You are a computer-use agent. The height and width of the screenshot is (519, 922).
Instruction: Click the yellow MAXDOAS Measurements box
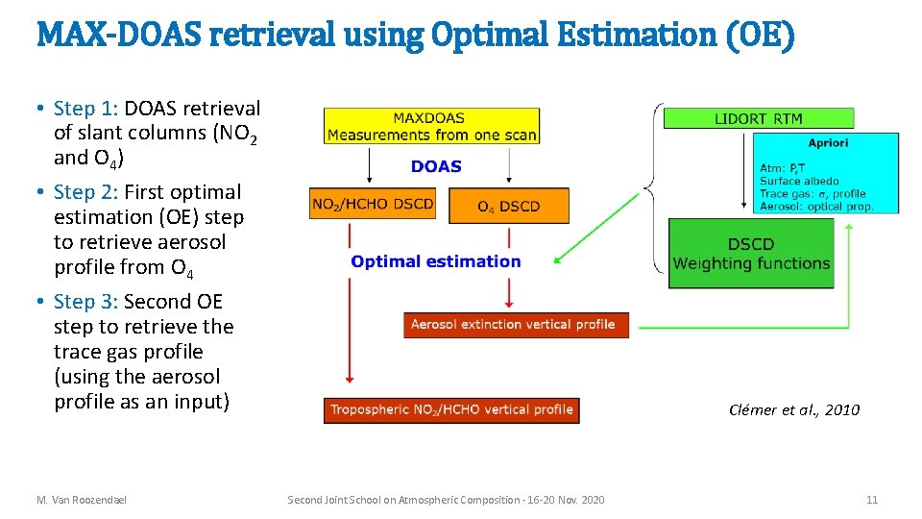[431, 126]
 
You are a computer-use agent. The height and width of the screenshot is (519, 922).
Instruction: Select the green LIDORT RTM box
[759, 118]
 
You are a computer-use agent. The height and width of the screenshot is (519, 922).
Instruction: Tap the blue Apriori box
[827, 172]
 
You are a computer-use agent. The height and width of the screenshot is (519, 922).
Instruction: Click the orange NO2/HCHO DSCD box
[373, 204]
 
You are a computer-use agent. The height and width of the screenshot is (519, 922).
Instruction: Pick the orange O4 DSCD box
[508, 206]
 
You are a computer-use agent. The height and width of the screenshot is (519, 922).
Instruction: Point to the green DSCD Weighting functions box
[751, 254]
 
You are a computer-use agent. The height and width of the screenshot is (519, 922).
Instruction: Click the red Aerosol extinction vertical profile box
[516, 325]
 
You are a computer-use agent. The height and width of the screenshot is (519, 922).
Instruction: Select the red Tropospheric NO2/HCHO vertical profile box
[451, 409]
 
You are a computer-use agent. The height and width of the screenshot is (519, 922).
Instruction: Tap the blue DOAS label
[436, 166]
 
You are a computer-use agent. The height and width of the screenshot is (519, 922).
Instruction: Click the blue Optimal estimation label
[436, 261]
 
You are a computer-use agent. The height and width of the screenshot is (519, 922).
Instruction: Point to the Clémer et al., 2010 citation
[794, 410]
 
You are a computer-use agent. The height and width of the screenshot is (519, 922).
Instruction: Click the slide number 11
[871, 500]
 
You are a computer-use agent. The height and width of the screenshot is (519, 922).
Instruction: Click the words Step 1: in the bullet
[86, 109]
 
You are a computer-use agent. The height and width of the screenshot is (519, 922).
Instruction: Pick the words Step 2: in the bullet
[86, 192]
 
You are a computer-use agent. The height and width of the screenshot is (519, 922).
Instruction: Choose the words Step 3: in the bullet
[86, 302]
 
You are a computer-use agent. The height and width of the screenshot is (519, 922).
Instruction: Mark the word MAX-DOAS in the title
[118, 36]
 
